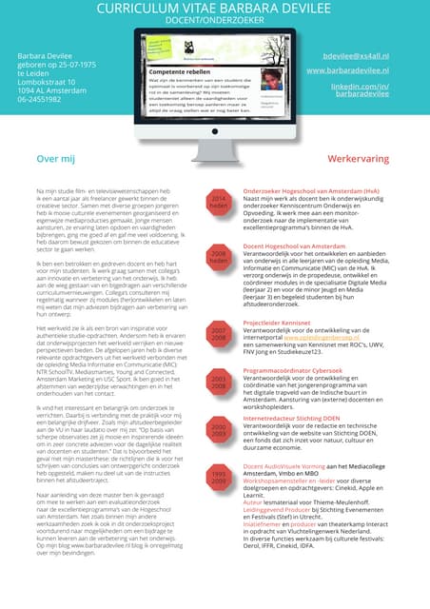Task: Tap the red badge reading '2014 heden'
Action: pyautogui.click(x=219, y=202)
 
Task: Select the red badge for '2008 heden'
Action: pyautogui.click(x=219, y=258)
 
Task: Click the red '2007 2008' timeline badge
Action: pyautogui.click(x=219, y=333)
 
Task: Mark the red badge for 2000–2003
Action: pyautogui.click(x=219, y=430)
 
